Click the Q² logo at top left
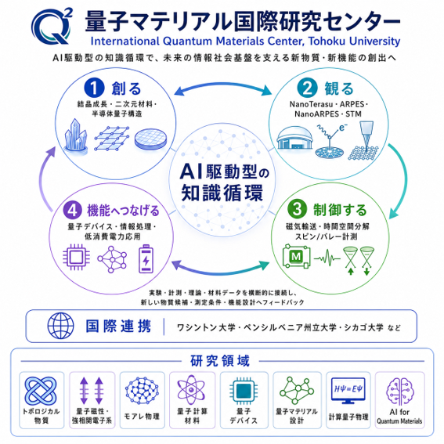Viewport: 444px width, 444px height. click(51, 27)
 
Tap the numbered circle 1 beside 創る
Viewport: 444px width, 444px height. click(94, 88)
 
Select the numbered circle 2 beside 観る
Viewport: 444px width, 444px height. click(307, 88)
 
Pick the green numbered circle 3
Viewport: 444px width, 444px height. click(297, 209)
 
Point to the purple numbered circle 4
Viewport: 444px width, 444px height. click(72, 211)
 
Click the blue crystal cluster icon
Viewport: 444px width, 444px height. click(76, 136)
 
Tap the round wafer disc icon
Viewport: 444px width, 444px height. click(150, 139)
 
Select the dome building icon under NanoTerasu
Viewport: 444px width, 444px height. click(294, 138)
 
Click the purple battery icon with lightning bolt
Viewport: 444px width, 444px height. click(146, 259)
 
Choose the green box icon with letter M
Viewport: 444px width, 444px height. click(296, 257)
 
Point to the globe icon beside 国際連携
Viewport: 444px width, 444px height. click(60, 326)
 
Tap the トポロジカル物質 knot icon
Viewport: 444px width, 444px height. click(41, 391)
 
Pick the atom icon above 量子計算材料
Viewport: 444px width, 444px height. click(191, 390)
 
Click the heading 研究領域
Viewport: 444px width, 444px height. click(220, 361)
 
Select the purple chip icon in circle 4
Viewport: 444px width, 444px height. click(76, 258)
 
